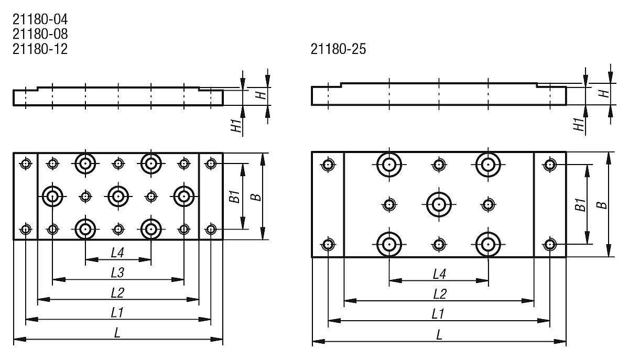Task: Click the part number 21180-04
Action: pos(40,20)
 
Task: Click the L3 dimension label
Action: pos(117,272)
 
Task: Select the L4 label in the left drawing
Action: pos(117,253)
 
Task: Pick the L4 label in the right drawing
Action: pos(439,274)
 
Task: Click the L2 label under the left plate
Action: pos(117,292)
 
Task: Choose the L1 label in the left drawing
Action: pos(117,312)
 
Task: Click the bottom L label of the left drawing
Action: pos(117,332)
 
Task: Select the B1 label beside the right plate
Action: pos(580,204)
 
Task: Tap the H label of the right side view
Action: pos(604,93)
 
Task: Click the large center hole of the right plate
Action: pos(439,204)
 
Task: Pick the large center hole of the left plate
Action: pos(118,197)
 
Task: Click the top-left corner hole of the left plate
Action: pos(25,164)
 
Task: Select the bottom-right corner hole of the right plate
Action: pos(549,244)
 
